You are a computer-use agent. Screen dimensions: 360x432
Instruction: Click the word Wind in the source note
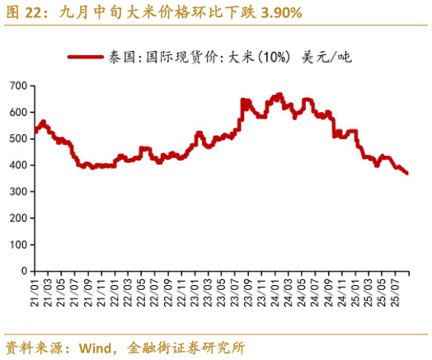coord(96,347)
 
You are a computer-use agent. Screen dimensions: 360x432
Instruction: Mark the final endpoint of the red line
coord(407,173)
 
